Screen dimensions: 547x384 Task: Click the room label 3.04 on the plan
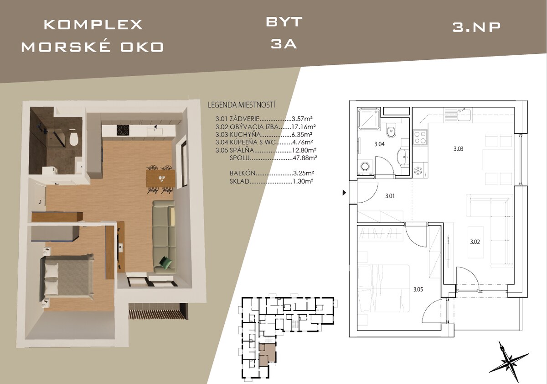click(x=379, y=144)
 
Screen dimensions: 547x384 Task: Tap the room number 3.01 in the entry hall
click(x=390, y=196)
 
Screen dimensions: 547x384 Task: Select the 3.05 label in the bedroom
click(x=418, y=289)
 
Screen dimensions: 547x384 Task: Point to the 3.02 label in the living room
click(x=475, y=242)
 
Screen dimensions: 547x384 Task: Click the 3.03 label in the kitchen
click(x=459, y=149)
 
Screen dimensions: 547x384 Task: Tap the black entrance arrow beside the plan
click(x=344, y=193)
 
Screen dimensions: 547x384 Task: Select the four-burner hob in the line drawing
click(x=420, y=137)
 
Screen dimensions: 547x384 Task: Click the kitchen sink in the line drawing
click(x=464, y=114)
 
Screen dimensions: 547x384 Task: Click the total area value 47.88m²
click(x=305, y=158)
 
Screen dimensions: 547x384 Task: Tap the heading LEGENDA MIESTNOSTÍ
click(x=241, y=105)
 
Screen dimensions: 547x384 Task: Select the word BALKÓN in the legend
click(x=243, y=173)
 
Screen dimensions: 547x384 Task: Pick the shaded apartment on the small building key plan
click(x=267, y=354)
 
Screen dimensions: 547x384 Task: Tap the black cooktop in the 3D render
click(x=123, y=130)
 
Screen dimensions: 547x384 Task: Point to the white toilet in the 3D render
click(x=73, y=139)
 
